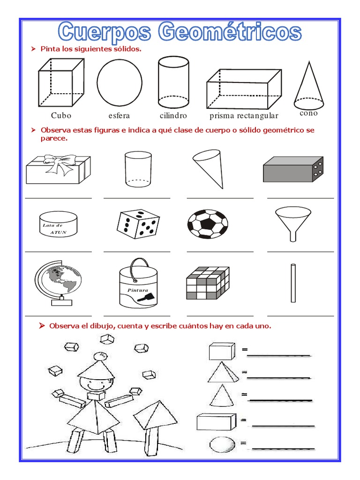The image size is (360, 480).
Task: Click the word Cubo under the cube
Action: point(61,115)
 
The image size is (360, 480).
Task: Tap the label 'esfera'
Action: point(119,115)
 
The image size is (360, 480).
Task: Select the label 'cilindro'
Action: point(173,115)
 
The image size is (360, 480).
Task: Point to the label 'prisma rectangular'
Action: point(244,116)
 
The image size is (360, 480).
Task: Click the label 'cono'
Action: point(308,113)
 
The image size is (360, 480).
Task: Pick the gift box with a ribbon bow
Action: point(58,168)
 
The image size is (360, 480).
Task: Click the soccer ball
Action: point(208,223)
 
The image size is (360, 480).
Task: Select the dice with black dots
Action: point(138,223)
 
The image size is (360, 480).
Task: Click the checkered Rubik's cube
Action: point(207,283)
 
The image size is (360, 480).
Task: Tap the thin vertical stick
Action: point(293,283)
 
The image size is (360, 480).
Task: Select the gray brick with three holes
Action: point(293,169)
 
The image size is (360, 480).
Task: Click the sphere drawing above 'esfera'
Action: point(120,83)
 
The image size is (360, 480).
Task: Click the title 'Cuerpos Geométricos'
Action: point(180,32)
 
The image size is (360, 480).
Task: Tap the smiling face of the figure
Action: point(96,384)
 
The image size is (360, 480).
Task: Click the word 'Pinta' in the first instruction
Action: point(50,49)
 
